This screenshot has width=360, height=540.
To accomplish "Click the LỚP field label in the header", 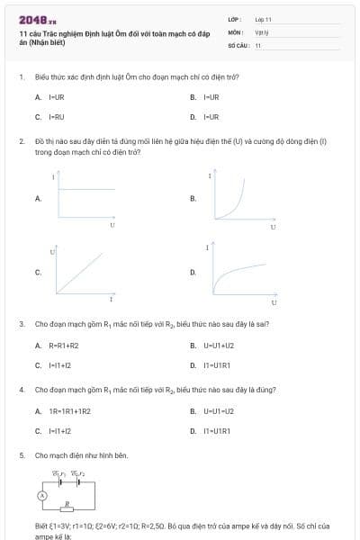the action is [233, 18].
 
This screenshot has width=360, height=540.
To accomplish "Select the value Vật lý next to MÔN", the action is [262, 31].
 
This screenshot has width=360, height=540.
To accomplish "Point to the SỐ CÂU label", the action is [237, 44].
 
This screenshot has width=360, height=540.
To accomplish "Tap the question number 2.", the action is [21, 141].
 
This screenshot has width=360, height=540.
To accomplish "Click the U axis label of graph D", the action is [273, 299].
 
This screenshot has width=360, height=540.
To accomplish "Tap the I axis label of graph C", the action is [111, 298].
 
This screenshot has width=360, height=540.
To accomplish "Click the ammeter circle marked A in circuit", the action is [41, 496].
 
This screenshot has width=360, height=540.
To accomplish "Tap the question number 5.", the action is [21, 455].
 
